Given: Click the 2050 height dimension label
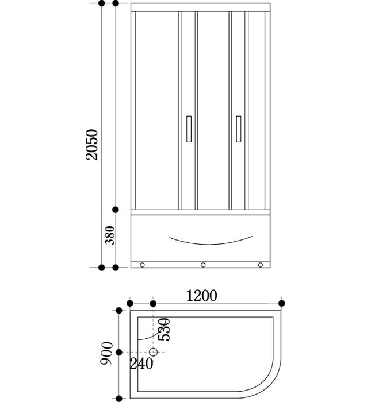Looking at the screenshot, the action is (x=91, y=145).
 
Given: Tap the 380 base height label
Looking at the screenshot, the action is (x=110, y=235).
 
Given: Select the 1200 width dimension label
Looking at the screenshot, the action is (x=201, y=296).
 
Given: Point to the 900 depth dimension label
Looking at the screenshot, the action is (x=106, y=353).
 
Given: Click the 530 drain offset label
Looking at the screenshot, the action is (x=164, y=330).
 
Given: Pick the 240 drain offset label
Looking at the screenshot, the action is (x=141, y=364).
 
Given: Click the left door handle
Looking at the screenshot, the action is (x=189, y=129).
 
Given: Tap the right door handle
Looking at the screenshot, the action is (x=239, y=129).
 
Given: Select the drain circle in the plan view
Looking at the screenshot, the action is (x=154, y=352).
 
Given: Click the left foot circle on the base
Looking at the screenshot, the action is (x=142, y=265).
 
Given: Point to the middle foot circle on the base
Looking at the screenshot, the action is (x=203, y=265).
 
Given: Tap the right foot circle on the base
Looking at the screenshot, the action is (x=261, y=265).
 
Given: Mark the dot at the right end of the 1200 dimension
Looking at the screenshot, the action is (x=281, y=303).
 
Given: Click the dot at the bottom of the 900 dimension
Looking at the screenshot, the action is (x=119, y=399).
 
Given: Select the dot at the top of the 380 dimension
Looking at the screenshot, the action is (x=116, y=210).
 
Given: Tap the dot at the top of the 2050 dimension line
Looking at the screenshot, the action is (x=102, y=3).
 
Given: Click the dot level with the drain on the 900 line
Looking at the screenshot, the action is (x=119, y=353).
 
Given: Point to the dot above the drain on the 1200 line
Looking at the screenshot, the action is (x=153, y=304).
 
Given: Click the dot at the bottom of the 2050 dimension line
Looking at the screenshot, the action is (x=102, y=268).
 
